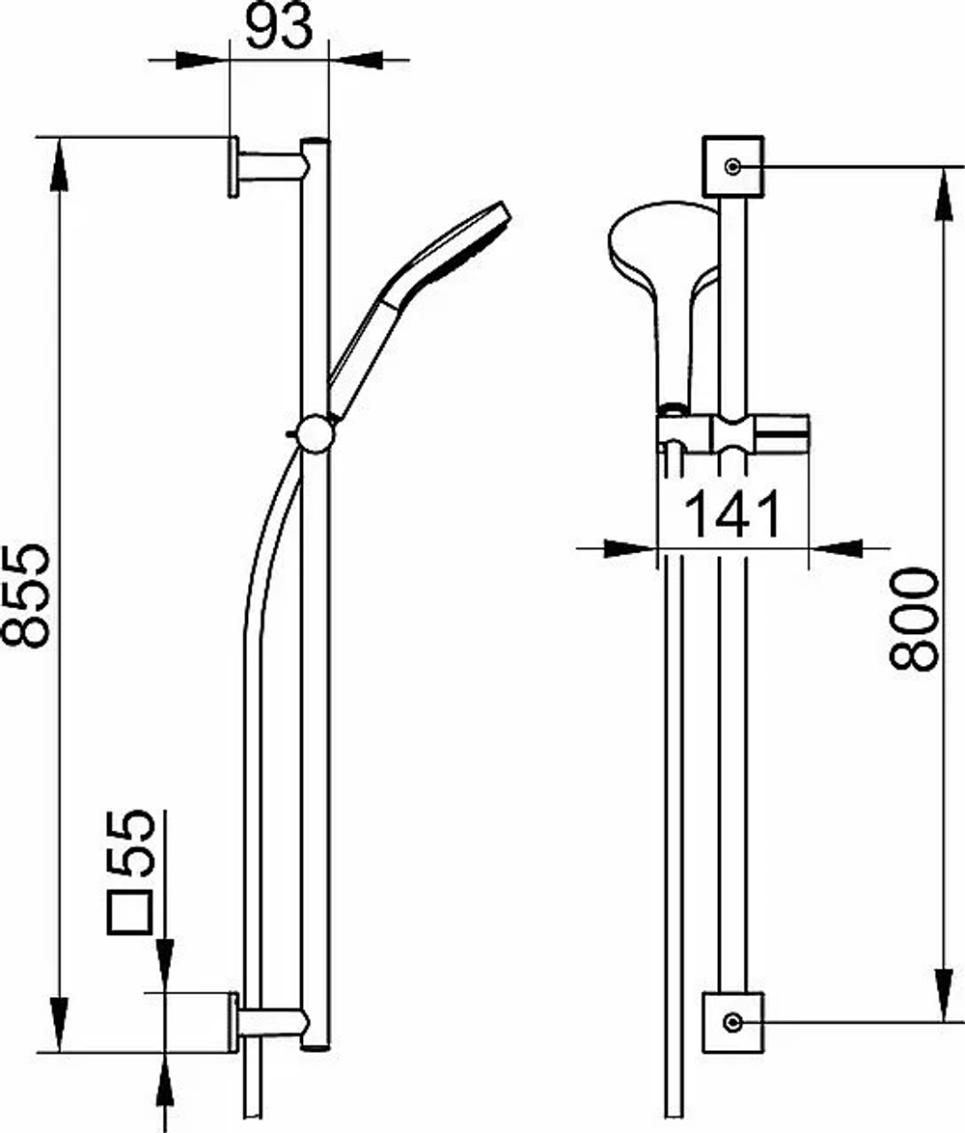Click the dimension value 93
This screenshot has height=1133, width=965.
click(280, 27)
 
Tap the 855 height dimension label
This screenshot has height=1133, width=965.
click(26, 594)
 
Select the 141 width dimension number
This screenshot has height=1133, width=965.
click(732, 513)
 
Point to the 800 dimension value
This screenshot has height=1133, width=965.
click(914, 620)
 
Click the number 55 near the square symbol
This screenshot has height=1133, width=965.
click(130, 843)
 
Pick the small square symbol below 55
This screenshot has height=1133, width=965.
click(130, 913)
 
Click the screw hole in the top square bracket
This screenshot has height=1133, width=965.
click(733, 167)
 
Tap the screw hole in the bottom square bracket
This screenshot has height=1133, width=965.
click(733, 1022)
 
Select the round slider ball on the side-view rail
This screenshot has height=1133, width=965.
click(316, 433)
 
